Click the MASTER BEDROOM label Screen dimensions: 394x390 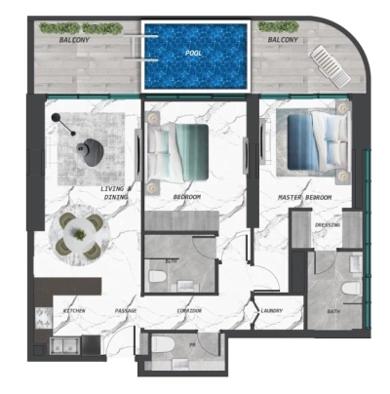click(304, 198)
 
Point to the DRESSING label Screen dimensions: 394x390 click(327, 224)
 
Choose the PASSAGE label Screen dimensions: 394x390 click(125, 311)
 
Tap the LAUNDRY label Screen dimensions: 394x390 click(272, 311)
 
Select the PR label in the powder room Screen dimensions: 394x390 click(193, 343)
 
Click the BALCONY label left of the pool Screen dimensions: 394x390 click(75, 40)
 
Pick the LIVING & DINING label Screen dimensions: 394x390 click(116, 192)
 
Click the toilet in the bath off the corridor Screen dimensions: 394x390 click(158, 277)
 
